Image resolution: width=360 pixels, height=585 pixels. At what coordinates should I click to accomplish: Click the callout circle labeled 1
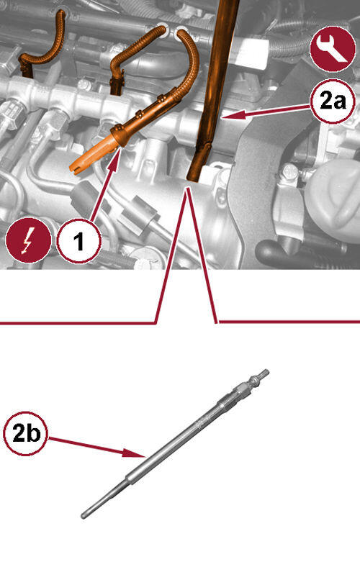[x=78, y=241]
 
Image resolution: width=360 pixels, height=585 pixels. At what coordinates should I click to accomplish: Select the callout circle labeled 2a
[x=333, y=101]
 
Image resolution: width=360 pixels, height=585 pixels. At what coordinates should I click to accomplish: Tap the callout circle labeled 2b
[x=26, y=433]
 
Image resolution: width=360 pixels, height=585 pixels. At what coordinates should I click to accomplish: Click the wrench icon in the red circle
[x=333, y=48]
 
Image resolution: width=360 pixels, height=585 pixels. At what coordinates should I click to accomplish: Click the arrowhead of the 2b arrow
[x=134, y=453]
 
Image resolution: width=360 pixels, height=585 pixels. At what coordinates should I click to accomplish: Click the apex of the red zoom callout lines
[x=189, y=189]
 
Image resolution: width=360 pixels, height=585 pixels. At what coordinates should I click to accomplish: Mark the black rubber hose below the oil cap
[x=300, y=253]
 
